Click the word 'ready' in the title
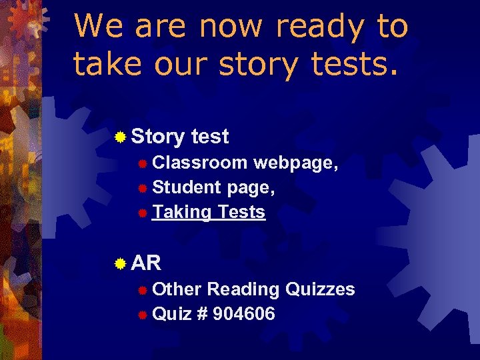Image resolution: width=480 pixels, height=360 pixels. click(319, 27)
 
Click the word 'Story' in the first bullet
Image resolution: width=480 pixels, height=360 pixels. click(158, 137)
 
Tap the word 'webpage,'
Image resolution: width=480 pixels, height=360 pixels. click(296, 163)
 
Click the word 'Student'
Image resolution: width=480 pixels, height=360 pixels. click(187, 187)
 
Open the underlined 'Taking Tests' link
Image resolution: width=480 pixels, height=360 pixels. click(209, 212)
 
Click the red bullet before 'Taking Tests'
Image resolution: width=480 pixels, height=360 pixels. click(142, 213)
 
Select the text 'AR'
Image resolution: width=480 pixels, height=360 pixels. click(146, 263)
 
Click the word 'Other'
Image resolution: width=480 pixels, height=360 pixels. click(177, 289)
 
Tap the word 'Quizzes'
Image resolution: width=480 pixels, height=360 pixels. click(320, 289)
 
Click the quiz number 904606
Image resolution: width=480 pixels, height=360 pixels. click(244, 313)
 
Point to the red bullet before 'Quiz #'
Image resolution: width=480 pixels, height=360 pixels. click(142, 314)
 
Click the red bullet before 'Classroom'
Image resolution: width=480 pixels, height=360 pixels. click(142, 163)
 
